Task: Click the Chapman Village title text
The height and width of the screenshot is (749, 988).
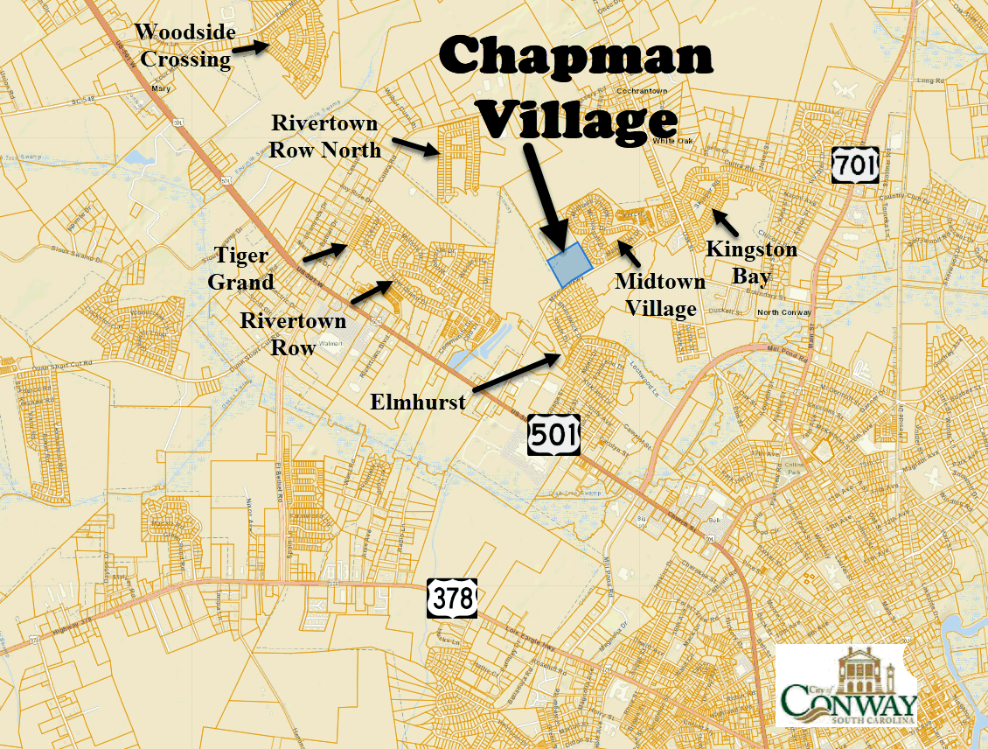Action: [576, 88]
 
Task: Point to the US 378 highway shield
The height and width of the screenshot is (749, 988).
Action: [452, 598]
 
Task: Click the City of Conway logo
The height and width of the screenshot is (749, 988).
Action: [848, 686]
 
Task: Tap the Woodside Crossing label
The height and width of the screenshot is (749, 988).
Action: [184, 46]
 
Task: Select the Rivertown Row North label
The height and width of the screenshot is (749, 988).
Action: [326, 136]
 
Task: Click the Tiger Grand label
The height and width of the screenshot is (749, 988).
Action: [241, 269]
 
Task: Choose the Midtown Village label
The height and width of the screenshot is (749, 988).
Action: [660, 295]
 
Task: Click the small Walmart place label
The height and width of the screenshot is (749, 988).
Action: [331, 344]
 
